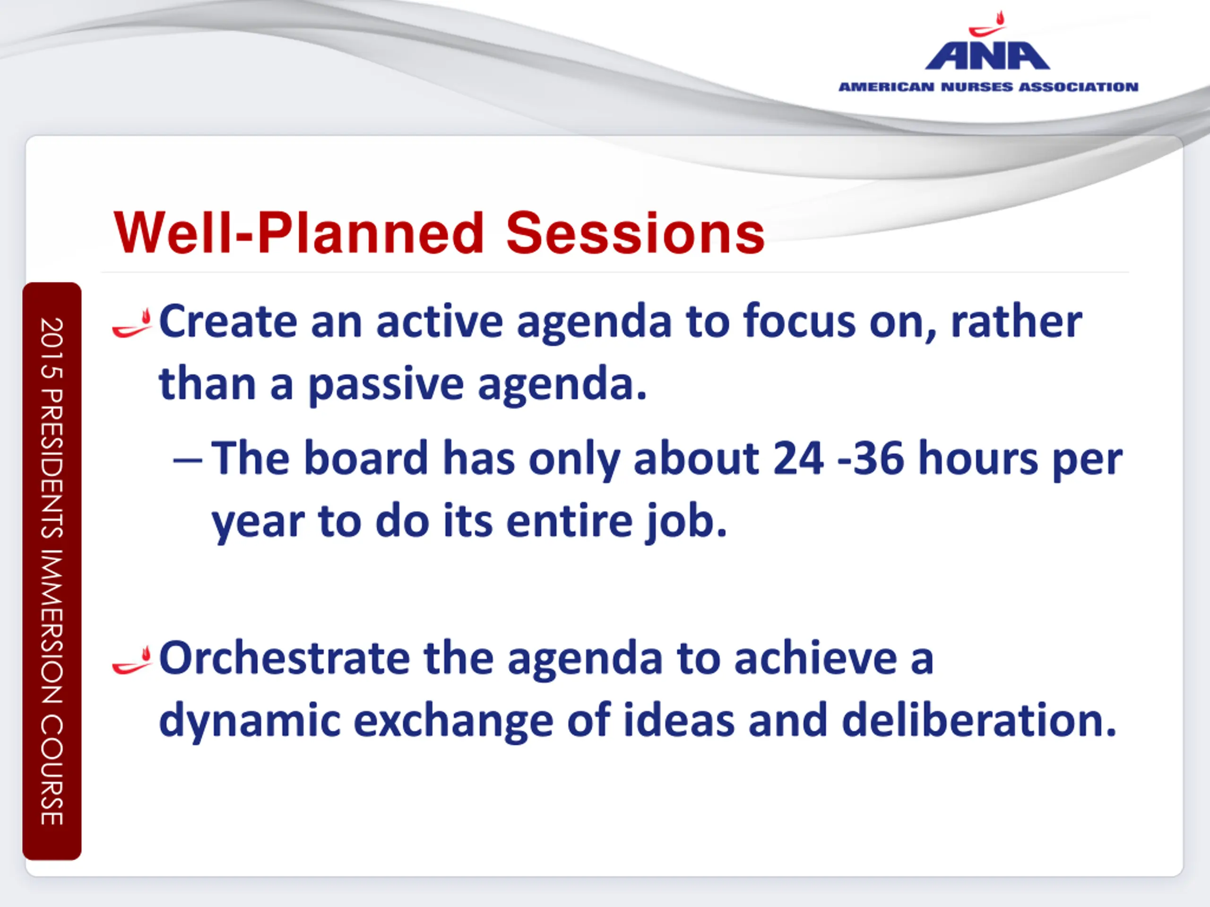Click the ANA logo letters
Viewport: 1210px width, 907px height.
pos(987,56)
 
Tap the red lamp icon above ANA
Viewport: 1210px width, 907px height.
pos(987,24)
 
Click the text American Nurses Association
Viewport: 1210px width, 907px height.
pos(988,87)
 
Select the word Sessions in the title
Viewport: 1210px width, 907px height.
pos(635,233)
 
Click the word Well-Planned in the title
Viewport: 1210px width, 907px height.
pos(299,233)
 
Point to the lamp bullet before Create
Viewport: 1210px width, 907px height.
pos(131,323)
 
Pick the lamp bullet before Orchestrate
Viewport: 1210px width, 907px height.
pos(131,660)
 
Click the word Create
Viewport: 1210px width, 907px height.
pos(228,322)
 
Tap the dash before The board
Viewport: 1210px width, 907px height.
pos(188,460)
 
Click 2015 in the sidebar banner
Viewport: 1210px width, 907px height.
pos(52,348)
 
